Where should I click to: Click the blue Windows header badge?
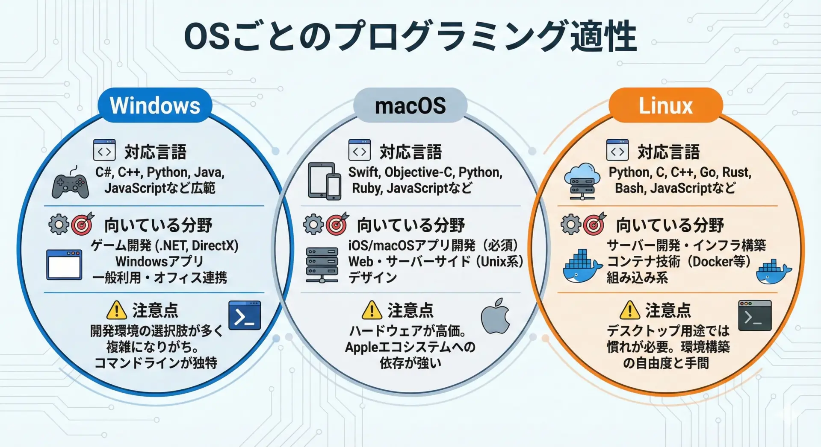point(155,105)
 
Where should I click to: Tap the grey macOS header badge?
point(410,105)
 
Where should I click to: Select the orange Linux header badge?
point(665,105)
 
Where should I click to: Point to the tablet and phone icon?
point(325,181)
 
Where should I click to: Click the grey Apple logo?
point(496,316)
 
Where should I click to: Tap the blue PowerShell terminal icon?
point(245,316)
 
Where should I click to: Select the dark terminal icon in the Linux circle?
point(755,316)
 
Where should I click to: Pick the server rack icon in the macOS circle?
point(322,265)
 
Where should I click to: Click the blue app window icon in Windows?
point(64,265)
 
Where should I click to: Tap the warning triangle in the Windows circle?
point(117,310)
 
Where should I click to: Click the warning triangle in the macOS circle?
point(372,310)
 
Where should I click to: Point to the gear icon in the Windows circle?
point(59,224)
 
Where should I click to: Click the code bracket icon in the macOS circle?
point(359,150)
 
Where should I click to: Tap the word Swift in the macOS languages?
point(363,172)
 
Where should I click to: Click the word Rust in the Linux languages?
point(736,172)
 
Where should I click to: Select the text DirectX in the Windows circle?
point(215,245)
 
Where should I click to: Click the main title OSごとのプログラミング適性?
point(410,36)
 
